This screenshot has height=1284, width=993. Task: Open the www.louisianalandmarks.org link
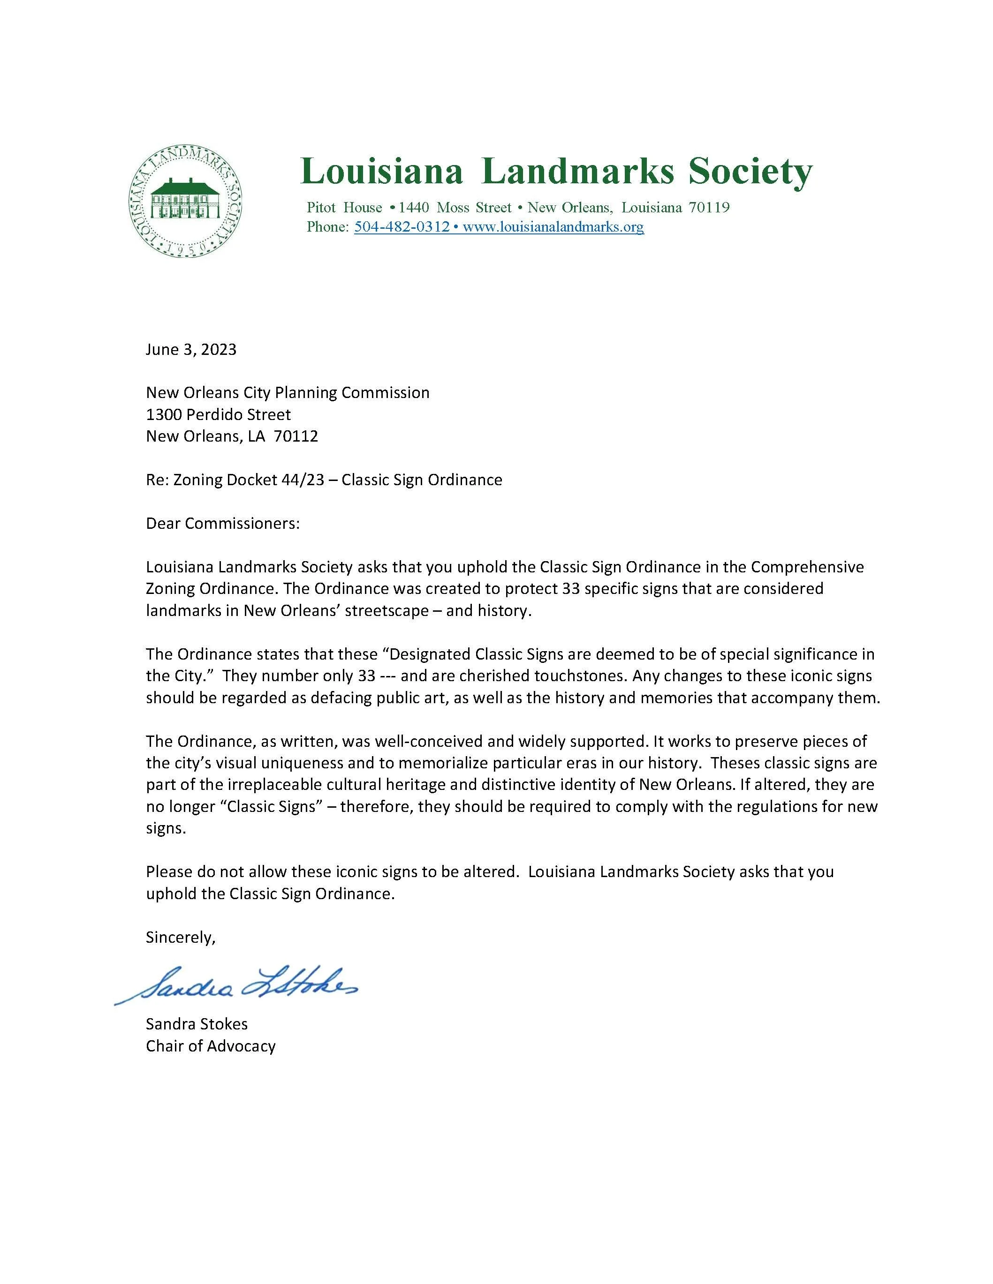point(553,227)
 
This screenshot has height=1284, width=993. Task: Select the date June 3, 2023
point(191,349)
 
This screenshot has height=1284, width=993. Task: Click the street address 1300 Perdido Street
point(218,414)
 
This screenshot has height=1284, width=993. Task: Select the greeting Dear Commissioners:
point(223,523)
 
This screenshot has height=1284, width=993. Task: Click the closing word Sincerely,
point(181,937)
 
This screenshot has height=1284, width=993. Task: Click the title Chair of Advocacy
point(211,1046)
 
